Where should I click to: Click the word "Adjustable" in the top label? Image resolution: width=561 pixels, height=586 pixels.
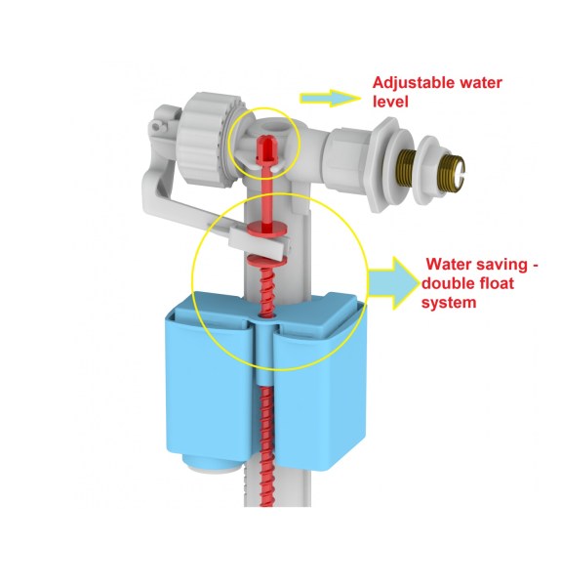[x=414, y=83]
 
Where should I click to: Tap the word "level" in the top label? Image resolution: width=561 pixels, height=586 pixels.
[x=390, y=102]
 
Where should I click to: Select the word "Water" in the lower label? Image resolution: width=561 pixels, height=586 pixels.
[x=449, y=265]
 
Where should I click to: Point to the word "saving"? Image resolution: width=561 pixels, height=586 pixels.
[x=501, y=265]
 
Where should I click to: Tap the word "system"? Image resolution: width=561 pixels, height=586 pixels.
[x=449, y=303]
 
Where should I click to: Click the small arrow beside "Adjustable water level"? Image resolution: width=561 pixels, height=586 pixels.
[x=330, y=99]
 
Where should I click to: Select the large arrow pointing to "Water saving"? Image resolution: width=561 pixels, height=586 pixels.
[x=394, y=283]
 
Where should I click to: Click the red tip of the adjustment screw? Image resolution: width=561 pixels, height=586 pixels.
[x=265, y=147]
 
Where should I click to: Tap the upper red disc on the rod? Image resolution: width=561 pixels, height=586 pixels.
[x=267, y=229]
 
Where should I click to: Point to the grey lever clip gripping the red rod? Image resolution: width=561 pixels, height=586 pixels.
[x=259, y=242]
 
